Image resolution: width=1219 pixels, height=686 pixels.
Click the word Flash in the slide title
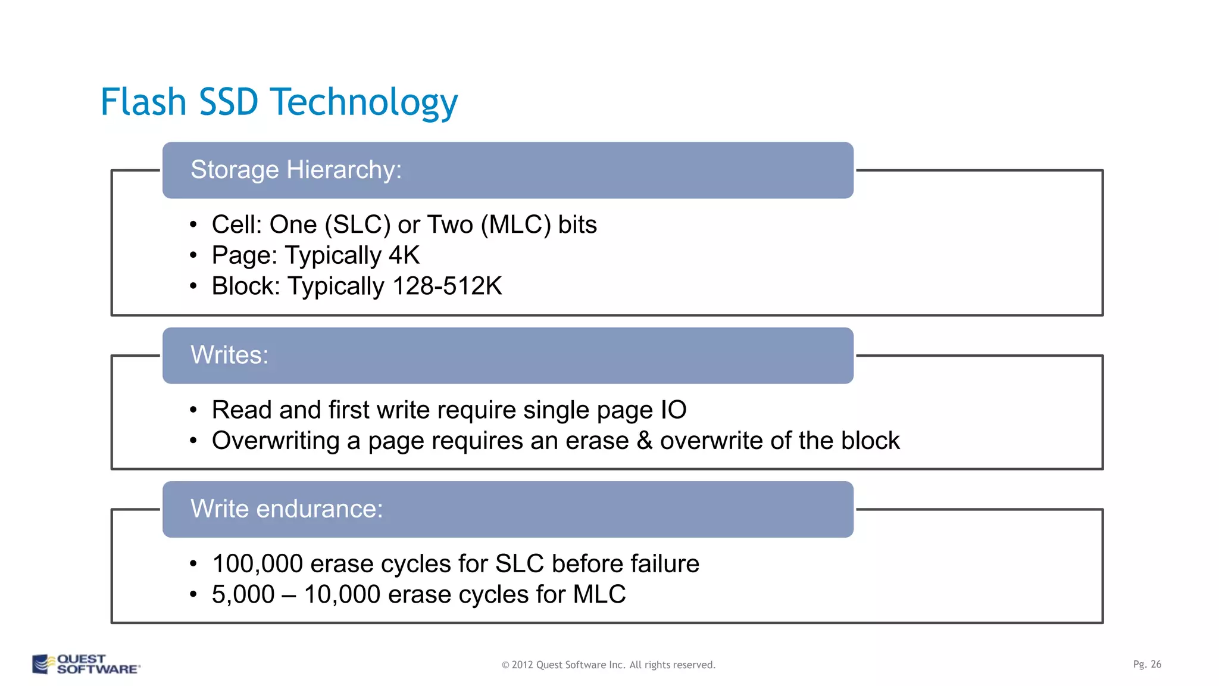[143, 102]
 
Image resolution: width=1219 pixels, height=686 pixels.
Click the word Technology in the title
[364, 103]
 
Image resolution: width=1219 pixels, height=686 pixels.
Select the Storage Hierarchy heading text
[296, 170]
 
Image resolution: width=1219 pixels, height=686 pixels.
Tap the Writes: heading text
[229, 355]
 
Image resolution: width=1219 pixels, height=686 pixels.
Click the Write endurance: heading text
[286, 509]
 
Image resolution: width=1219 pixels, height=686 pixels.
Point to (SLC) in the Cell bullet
[357, 225]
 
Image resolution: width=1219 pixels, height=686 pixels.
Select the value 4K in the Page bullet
[404, 255]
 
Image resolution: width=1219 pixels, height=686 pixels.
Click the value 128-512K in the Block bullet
[447, 286]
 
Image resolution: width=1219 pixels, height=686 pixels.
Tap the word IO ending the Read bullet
[673, 410]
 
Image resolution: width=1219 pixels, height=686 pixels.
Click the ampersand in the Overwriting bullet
[644, 441]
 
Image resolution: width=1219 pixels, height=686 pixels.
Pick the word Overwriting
[276, 441]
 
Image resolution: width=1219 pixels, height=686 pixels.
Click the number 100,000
[257, 564]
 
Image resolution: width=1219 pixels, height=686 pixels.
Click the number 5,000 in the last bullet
[243, 595]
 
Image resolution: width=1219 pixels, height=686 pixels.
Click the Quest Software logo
[86, 664]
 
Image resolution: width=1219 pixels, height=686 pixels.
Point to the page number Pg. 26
[1146, 664]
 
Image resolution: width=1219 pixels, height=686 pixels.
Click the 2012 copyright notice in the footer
[608, 665]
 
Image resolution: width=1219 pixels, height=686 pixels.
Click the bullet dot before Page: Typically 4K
[193, 256]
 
